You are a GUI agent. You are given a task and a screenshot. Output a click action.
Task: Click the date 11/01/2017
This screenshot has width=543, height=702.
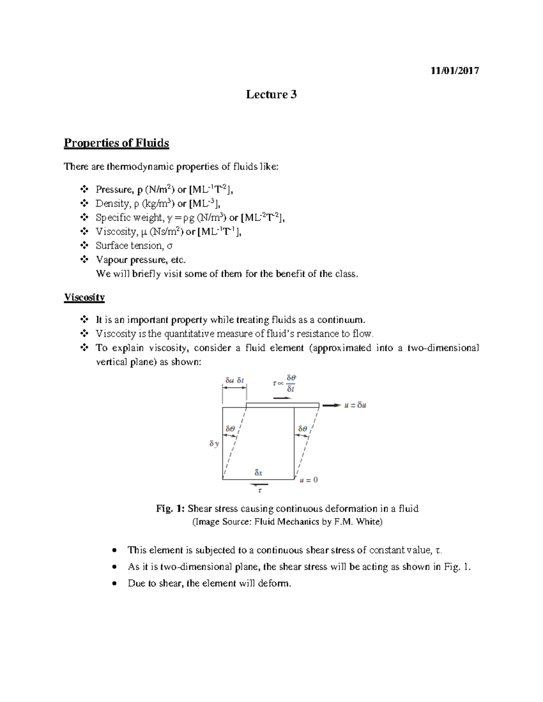tap(454, 71)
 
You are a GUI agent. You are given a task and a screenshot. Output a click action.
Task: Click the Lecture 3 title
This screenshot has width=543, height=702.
tap(271, 94)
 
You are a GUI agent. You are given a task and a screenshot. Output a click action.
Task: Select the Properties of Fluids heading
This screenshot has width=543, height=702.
tap(116, 143)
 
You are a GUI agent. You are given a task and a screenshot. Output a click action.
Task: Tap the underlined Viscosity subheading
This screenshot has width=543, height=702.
tap(84, 297)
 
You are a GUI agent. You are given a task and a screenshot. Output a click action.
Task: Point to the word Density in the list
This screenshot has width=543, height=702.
tap(113, 203)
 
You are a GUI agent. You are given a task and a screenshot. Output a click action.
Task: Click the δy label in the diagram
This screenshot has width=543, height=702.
tap(214, 444)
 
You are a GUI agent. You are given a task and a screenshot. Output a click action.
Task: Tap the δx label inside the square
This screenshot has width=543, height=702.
tap(258, 473)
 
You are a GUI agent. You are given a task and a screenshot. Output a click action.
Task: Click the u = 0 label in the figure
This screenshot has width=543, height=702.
tap(309, 480)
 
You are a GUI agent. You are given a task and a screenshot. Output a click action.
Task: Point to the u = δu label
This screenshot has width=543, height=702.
tap(355, 405)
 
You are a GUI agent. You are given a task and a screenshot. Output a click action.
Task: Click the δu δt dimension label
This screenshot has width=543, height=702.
tap(234, 381)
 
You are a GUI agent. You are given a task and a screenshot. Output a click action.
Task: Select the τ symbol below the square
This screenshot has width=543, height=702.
tap(260, 490)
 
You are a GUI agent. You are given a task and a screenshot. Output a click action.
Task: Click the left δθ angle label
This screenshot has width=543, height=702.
tap(230, 429)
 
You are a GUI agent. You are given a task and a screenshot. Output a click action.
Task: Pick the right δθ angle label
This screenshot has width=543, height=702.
tap(302, 429)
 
